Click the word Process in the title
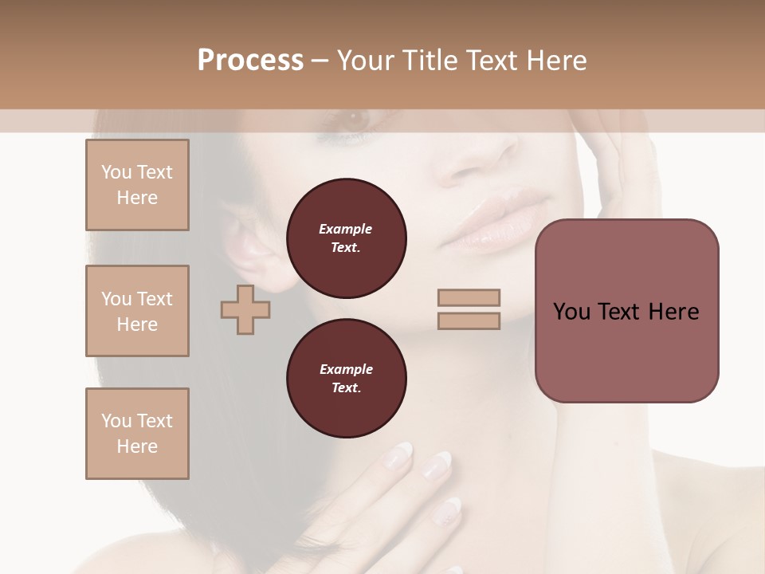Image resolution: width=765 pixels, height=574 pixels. click(x=250, y=61)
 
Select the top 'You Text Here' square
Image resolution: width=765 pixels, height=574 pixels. click(x=137, y=185)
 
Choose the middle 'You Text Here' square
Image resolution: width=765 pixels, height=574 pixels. click(x=137, y=311)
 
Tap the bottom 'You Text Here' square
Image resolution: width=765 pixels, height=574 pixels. click(x=137, y=434)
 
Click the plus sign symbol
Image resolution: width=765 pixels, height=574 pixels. click(x=245, y=309)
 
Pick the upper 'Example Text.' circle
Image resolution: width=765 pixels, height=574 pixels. click(x=346, y=238)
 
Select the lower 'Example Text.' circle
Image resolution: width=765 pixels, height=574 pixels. click(x=346, y=378)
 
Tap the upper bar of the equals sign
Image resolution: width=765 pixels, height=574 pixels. click(x=469, y=297)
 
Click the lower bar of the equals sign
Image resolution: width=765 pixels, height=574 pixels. click(x=469, y=320)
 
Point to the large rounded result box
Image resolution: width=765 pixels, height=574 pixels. click(x=626, y=311)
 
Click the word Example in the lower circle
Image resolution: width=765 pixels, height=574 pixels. click(x=346, y=369)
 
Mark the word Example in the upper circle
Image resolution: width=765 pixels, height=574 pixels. click(x=346, y=229)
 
